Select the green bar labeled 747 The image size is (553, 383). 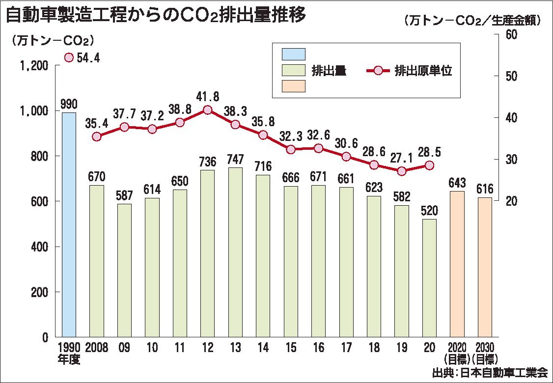(x=235, y=252)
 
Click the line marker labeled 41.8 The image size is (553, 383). (x=207, y=110)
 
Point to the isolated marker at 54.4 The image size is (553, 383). (x=69, y=58)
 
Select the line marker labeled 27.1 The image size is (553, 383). (x=402, y=171)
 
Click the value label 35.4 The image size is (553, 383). (x=96, y=123)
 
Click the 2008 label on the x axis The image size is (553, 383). (x=97, y=348)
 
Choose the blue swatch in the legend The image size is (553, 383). (x=293, y=54)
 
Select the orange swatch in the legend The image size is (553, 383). (x=293, y=86)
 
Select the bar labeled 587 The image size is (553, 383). (x=124, y=270)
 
